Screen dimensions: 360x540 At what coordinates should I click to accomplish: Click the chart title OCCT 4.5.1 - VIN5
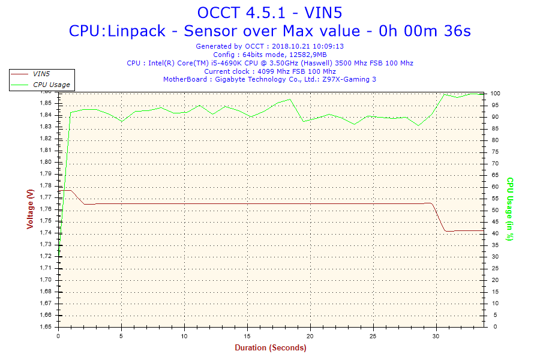coord(269,12)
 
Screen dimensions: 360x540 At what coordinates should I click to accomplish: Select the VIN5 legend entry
coord(41,74)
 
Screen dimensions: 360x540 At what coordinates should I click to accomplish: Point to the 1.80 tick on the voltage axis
coord(46,162)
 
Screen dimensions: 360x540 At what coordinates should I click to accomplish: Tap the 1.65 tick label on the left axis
coord(46,327)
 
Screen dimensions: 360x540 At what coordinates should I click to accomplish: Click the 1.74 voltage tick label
coord(46,233)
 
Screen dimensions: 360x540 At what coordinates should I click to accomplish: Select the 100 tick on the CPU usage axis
coord(496,94)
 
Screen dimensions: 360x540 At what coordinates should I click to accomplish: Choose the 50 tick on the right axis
coord(494,210)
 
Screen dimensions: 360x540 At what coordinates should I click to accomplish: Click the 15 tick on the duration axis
coord(247,335)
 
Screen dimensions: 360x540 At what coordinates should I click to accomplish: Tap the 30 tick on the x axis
coord(436,335)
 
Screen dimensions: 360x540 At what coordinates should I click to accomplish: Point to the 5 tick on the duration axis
coord(121,335)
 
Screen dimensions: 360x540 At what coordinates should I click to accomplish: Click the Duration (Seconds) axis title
coord(270,348)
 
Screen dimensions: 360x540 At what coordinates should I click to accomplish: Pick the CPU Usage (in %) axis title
coord(510,209)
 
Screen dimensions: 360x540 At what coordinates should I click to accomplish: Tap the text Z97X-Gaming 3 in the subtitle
coord(350,79)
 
